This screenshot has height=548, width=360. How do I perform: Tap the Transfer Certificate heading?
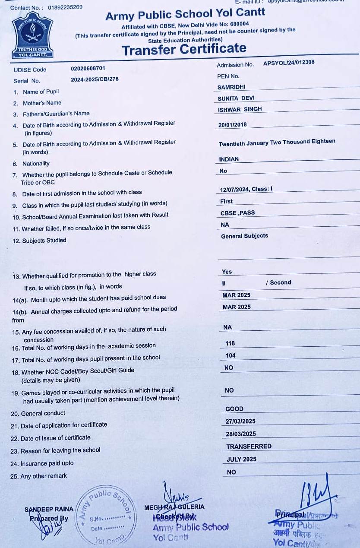coord(184,50)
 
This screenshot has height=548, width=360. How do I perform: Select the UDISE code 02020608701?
coord(88,68)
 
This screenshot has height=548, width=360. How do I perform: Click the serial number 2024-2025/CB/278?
coord(95,79)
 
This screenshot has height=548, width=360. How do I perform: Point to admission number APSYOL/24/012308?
coord(289,62)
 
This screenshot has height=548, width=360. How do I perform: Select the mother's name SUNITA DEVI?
coord(236,98)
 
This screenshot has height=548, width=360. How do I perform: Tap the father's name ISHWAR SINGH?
coord(240,109)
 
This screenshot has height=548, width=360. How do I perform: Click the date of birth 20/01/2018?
coord(233,125)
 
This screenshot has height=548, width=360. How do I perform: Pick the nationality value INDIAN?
coord(229,159)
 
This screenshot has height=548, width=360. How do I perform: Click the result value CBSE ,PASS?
coord(237,213)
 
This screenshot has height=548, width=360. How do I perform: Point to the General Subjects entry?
coord(244,236)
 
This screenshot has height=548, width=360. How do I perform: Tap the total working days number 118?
coord(230,343)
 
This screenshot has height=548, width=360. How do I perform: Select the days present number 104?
coord(231,355)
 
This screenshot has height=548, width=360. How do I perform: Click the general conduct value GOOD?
coord(234,409)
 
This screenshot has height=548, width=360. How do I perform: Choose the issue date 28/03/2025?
coord(240,434)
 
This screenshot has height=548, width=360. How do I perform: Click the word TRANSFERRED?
coord(249,446)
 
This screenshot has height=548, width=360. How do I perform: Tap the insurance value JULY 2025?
coord(241,459)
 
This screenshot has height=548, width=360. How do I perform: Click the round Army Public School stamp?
coord(104,515)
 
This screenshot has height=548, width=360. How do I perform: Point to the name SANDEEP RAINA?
coord(49,509)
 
